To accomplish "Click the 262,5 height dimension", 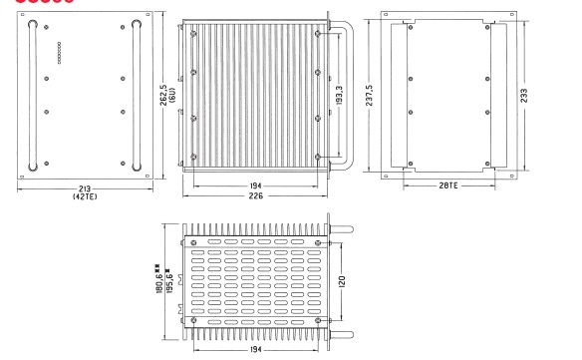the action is click(x=163, y=95).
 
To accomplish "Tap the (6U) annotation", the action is click(x=171, y=95).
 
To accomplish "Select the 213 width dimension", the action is click(x=85, y=188).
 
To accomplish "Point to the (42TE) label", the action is click(x=85, y=196).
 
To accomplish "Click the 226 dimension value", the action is click(x=256, y=195).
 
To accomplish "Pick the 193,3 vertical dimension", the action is click(x=339, y=95).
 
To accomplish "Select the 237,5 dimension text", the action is click(x=369, y=95).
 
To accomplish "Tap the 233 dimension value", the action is click(x=524, y=96).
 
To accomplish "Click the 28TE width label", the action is click(x=448, y=185).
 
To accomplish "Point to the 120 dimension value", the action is click(x=342, y=281).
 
